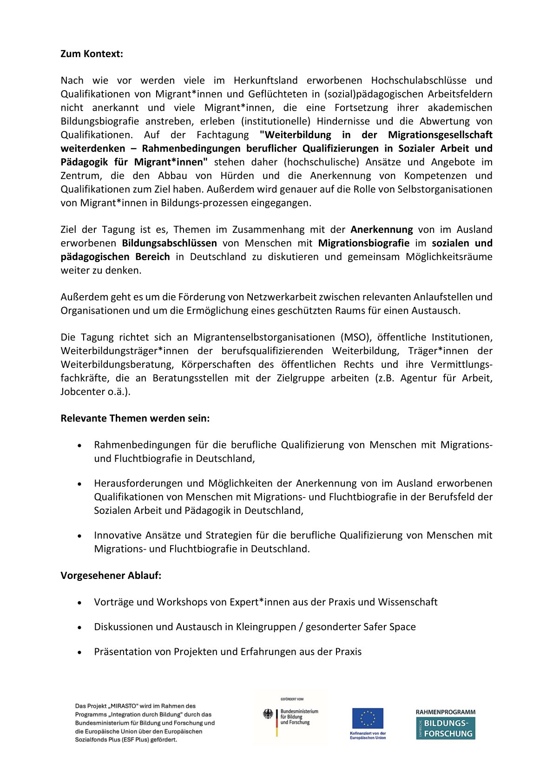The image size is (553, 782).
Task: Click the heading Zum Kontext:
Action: (92, 54)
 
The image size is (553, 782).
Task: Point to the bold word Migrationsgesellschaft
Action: (440, 135)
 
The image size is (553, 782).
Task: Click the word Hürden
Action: (237, 176)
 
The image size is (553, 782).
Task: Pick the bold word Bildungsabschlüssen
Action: (169, 243)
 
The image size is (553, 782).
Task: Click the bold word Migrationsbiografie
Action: (363, 243)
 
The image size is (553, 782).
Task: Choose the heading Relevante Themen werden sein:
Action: (135, 418)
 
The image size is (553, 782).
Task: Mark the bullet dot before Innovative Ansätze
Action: (80, 536)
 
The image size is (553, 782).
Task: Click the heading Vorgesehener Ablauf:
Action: (111, 576)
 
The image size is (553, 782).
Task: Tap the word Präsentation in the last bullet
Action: (123, 652)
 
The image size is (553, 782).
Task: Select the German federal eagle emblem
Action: (268, 714)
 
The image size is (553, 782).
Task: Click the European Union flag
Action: (367, 718)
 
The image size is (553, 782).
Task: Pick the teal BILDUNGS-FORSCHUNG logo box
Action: (445, 729)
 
